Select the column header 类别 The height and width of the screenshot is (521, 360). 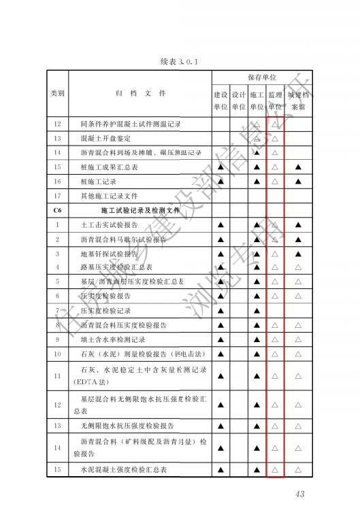pyautogui.click(x=57, y=94)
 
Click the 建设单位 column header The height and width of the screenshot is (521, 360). pyautogui.click(x=220, y=101)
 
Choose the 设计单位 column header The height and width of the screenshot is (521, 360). pyautogui.click(x=238, y=101)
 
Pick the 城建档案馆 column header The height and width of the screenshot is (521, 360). pyautogui.click(x=298, y=101)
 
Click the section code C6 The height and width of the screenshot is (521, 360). pyautogui.click(x=57, y=210)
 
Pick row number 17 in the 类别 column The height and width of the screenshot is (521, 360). pyautogui.click(x=57, y=196)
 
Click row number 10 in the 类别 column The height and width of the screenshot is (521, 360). pyautogui.click(x=57, y=354)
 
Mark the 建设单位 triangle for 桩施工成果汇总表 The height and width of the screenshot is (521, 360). pyautogui.click(x=220, y=167)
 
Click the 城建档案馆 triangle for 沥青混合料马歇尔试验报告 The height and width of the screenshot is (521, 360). pyautogui.click(x=298, y=239)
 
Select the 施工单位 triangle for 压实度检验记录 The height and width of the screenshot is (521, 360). pyautogui.click(x=257, y=311)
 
